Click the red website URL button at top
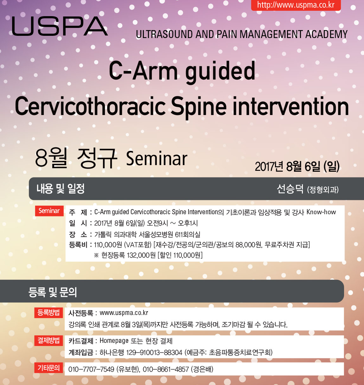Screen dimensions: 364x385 point(296,5)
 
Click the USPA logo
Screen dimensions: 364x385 point(60,26)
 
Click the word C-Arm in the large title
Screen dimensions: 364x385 point(143,70)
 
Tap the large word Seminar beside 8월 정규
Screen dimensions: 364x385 point(156,159)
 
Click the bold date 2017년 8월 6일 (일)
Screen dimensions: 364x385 point(297,166)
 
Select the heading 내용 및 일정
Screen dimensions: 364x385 point(61,189)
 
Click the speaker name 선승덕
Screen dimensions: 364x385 point(290,189)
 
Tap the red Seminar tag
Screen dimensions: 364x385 point(49,211)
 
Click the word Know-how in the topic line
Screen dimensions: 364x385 point(321,212)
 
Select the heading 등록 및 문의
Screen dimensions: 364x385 point(53,292)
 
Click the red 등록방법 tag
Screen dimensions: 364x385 point(48,312)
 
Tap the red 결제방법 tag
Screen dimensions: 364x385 point(48,341)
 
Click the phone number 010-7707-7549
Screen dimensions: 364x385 point(91,369)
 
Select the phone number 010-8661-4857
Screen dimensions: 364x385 point(166,369)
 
